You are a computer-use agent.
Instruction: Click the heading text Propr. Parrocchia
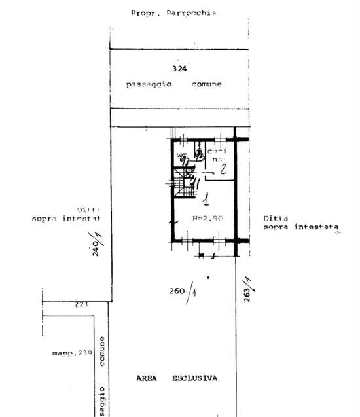pyautogui.click(x=173, y=12)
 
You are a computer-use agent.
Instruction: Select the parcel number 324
pyautogui.click(x=179, y=68)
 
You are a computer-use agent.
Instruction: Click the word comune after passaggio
pyautogui.click(x=206, y=84)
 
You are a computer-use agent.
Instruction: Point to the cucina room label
pyautogui.click(x=217, y=155)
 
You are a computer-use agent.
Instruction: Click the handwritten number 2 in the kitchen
pyautogui.click(x=223, y=170)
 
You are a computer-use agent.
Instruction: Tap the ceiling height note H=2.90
pyautogui.click(x=209, y=217)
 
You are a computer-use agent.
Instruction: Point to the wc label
pyautogui.click(x=181, y=156)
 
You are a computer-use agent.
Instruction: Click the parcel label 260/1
pyautogui.click(x=184, y=292)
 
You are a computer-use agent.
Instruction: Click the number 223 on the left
pyautogui.click(x=81, y=304)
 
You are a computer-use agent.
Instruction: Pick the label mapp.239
pyautogui.click(x=72, y=354)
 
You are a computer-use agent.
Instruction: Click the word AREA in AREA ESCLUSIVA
pyautogui.click(x=149, y=378)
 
